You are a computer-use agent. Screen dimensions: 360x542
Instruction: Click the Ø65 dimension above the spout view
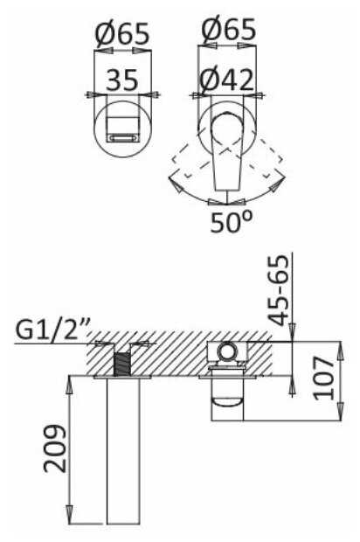[x=122, y=34]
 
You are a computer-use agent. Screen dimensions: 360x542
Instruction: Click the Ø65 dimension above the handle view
[x=228, y=29]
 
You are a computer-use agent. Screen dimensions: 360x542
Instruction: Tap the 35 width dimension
[x=122, y=80]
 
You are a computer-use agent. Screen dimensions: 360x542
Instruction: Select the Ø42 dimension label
[x=227, y=80]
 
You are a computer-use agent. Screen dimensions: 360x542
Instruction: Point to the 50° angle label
[x=232, y=221]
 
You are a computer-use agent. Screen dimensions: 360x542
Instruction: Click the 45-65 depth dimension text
[x=279, y=289]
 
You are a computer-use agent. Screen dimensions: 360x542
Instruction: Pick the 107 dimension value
[x=324, y=379]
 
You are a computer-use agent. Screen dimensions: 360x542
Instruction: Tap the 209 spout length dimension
[x=54, y=448]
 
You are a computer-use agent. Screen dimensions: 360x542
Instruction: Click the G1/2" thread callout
[x=52, y=330]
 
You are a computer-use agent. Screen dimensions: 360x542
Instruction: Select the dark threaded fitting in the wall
[x=121, y=364]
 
